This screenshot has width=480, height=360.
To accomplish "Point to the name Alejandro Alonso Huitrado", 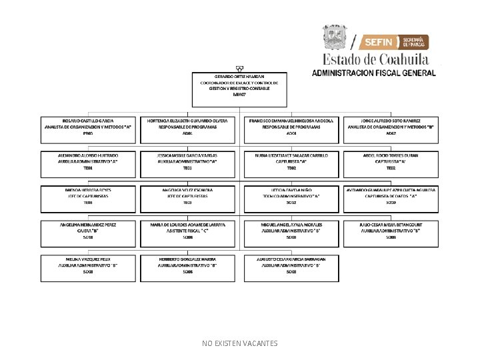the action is pos(88,155).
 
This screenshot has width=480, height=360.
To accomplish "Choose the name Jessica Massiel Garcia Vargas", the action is pos(187,155).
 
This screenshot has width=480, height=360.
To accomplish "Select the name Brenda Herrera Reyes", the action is pos(88,190).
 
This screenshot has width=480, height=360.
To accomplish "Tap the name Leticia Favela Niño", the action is pos(291,190).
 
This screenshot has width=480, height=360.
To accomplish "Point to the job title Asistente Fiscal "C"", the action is pos(187,231).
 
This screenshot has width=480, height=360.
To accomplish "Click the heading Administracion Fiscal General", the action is pos(375,73).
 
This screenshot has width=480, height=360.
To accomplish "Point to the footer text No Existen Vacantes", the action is pos(240,343).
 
